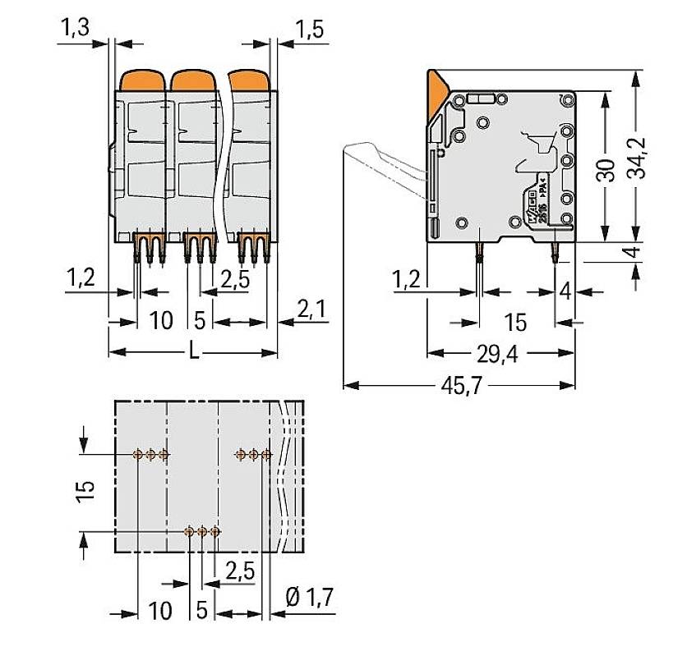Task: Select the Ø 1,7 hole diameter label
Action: click(x=311, y=598)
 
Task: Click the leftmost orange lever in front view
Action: click(x=143, y=80)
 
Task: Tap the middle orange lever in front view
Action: click(x=194, y=80)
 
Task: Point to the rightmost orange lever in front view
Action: click(x=247, y=80)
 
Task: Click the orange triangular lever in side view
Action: click(x=437, y=88)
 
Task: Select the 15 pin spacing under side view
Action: click(x=515, y=322)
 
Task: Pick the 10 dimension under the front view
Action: click(x=162, y=319)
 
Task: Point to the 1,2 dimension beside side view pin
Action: click(x=407, y=280)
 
